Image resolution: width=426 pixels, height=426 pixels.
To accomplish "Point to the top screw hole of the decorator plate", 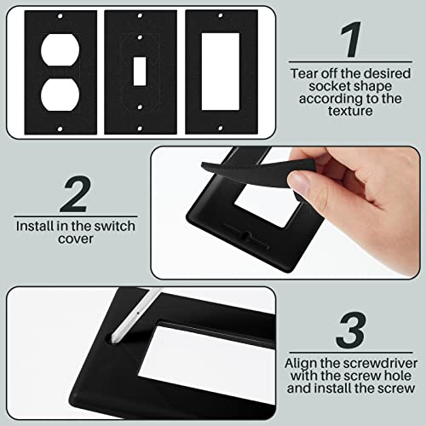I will coord(217,15).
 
